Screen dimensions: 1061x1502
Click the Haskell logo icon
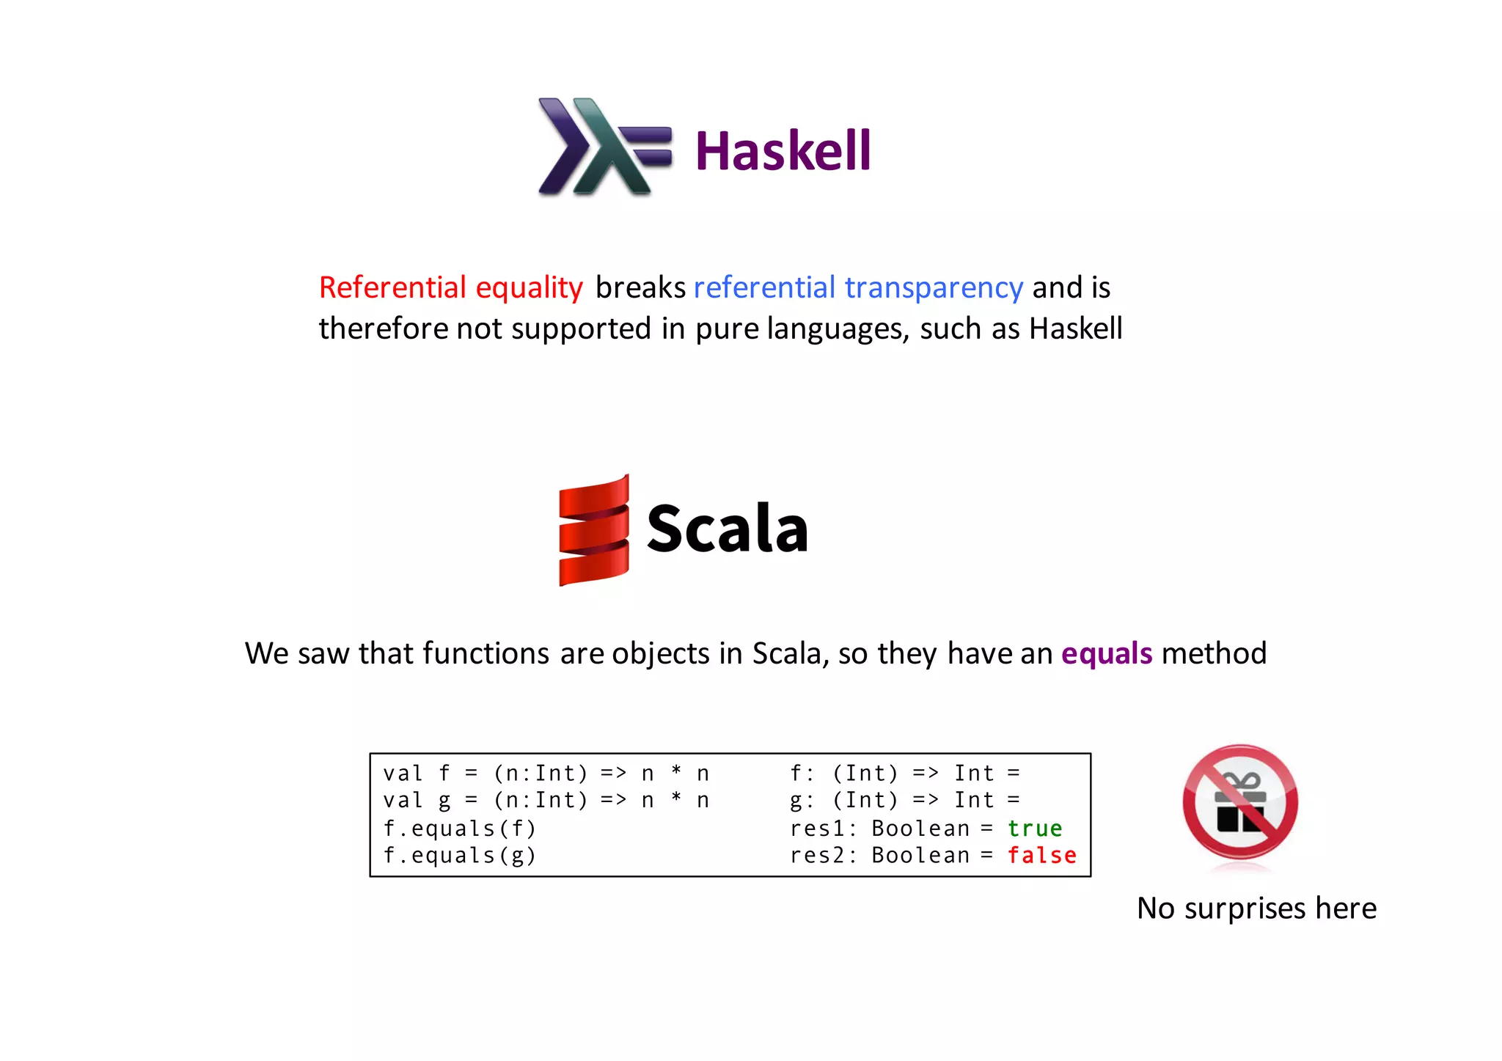pos(603,147)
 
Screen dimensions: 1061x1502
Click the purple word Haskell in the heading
pos(783,151)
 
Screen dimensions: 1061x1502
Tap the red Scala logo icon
pos(593,530)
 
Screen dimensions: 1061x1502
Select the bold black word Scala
pos(727,529)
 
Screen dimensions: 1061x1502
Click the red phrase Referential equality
pos(450,287)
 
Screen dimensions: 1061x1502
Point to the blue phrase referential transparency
pos(857,287)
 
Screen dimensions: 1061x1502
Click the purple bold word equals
pos(1106,653)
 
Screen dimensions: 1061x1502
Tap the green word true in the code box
pos(1034,829)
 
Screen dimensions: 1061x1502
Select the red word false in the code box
pos(1041,856)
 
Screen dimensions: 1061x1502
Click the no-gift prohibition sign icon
pos(1239,803)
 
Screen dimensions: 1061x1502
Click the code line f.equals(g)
pos(460,856)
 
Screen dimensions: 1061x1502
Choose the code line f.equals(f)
pos(460,829)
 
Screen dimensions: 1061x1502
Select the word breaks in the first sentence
pos(640,287)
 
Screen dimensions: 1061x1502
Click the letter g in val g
pos(444,801)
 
